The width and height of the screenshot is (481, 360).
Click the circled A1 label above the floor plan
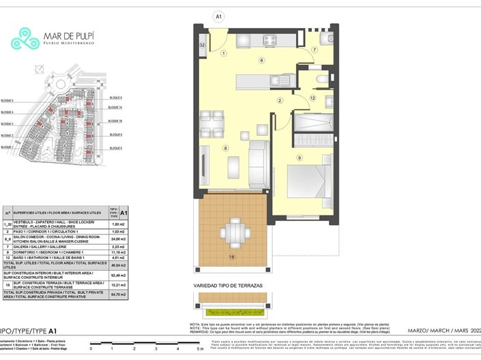point(219,15)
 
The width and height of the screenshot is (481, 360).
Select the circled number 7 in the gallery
point(315,50)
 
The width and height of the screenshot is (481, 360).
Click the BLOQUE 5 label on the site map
point(9,101)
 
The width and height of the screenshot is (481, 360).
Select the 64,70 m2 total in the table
point(117,295)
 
